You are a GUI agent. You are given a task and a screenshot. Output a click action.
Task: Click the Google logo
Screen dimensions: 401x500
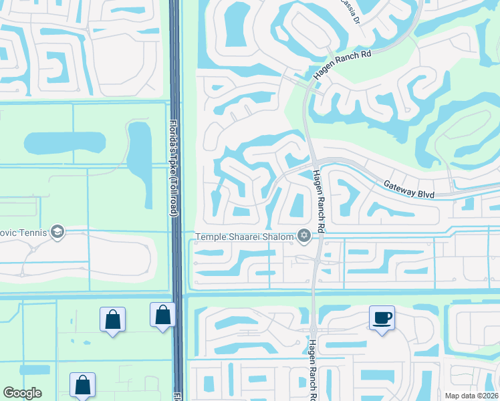coord(23,393)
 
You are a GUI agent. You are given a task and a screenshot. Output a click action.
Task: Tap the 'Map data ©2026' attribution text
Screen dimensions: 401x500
coord(470,395)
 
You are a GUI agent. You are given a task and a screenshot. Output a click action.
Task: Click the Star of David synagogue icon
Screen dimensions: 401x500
coord(304,235)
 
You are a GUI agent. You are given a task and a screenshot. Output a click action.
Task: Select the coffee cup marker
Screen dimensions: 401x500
coord(382,317)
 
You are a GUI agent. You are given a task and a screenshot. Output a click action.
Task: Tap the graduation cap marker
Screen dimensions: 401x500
coord(57,231)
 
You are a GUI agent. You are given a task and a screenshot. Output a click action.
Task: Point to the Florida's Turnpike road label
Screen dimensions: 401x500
coord(173,168)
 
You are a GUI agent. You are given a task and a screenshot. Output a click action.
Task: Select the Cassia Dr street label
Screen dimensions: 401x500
coord(354,9)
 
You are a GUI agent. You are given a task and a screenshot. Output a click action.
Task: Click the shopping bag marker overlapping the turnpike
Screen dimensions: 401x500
coord(162,316)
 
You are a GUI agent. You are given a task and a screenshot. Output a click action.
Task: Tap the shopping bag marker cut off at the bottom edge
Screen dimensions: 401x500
coord(82,386)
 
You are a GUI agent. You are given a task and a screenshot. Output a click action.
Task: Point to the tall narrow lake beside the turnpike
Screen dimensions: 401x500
coord(140,155)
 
